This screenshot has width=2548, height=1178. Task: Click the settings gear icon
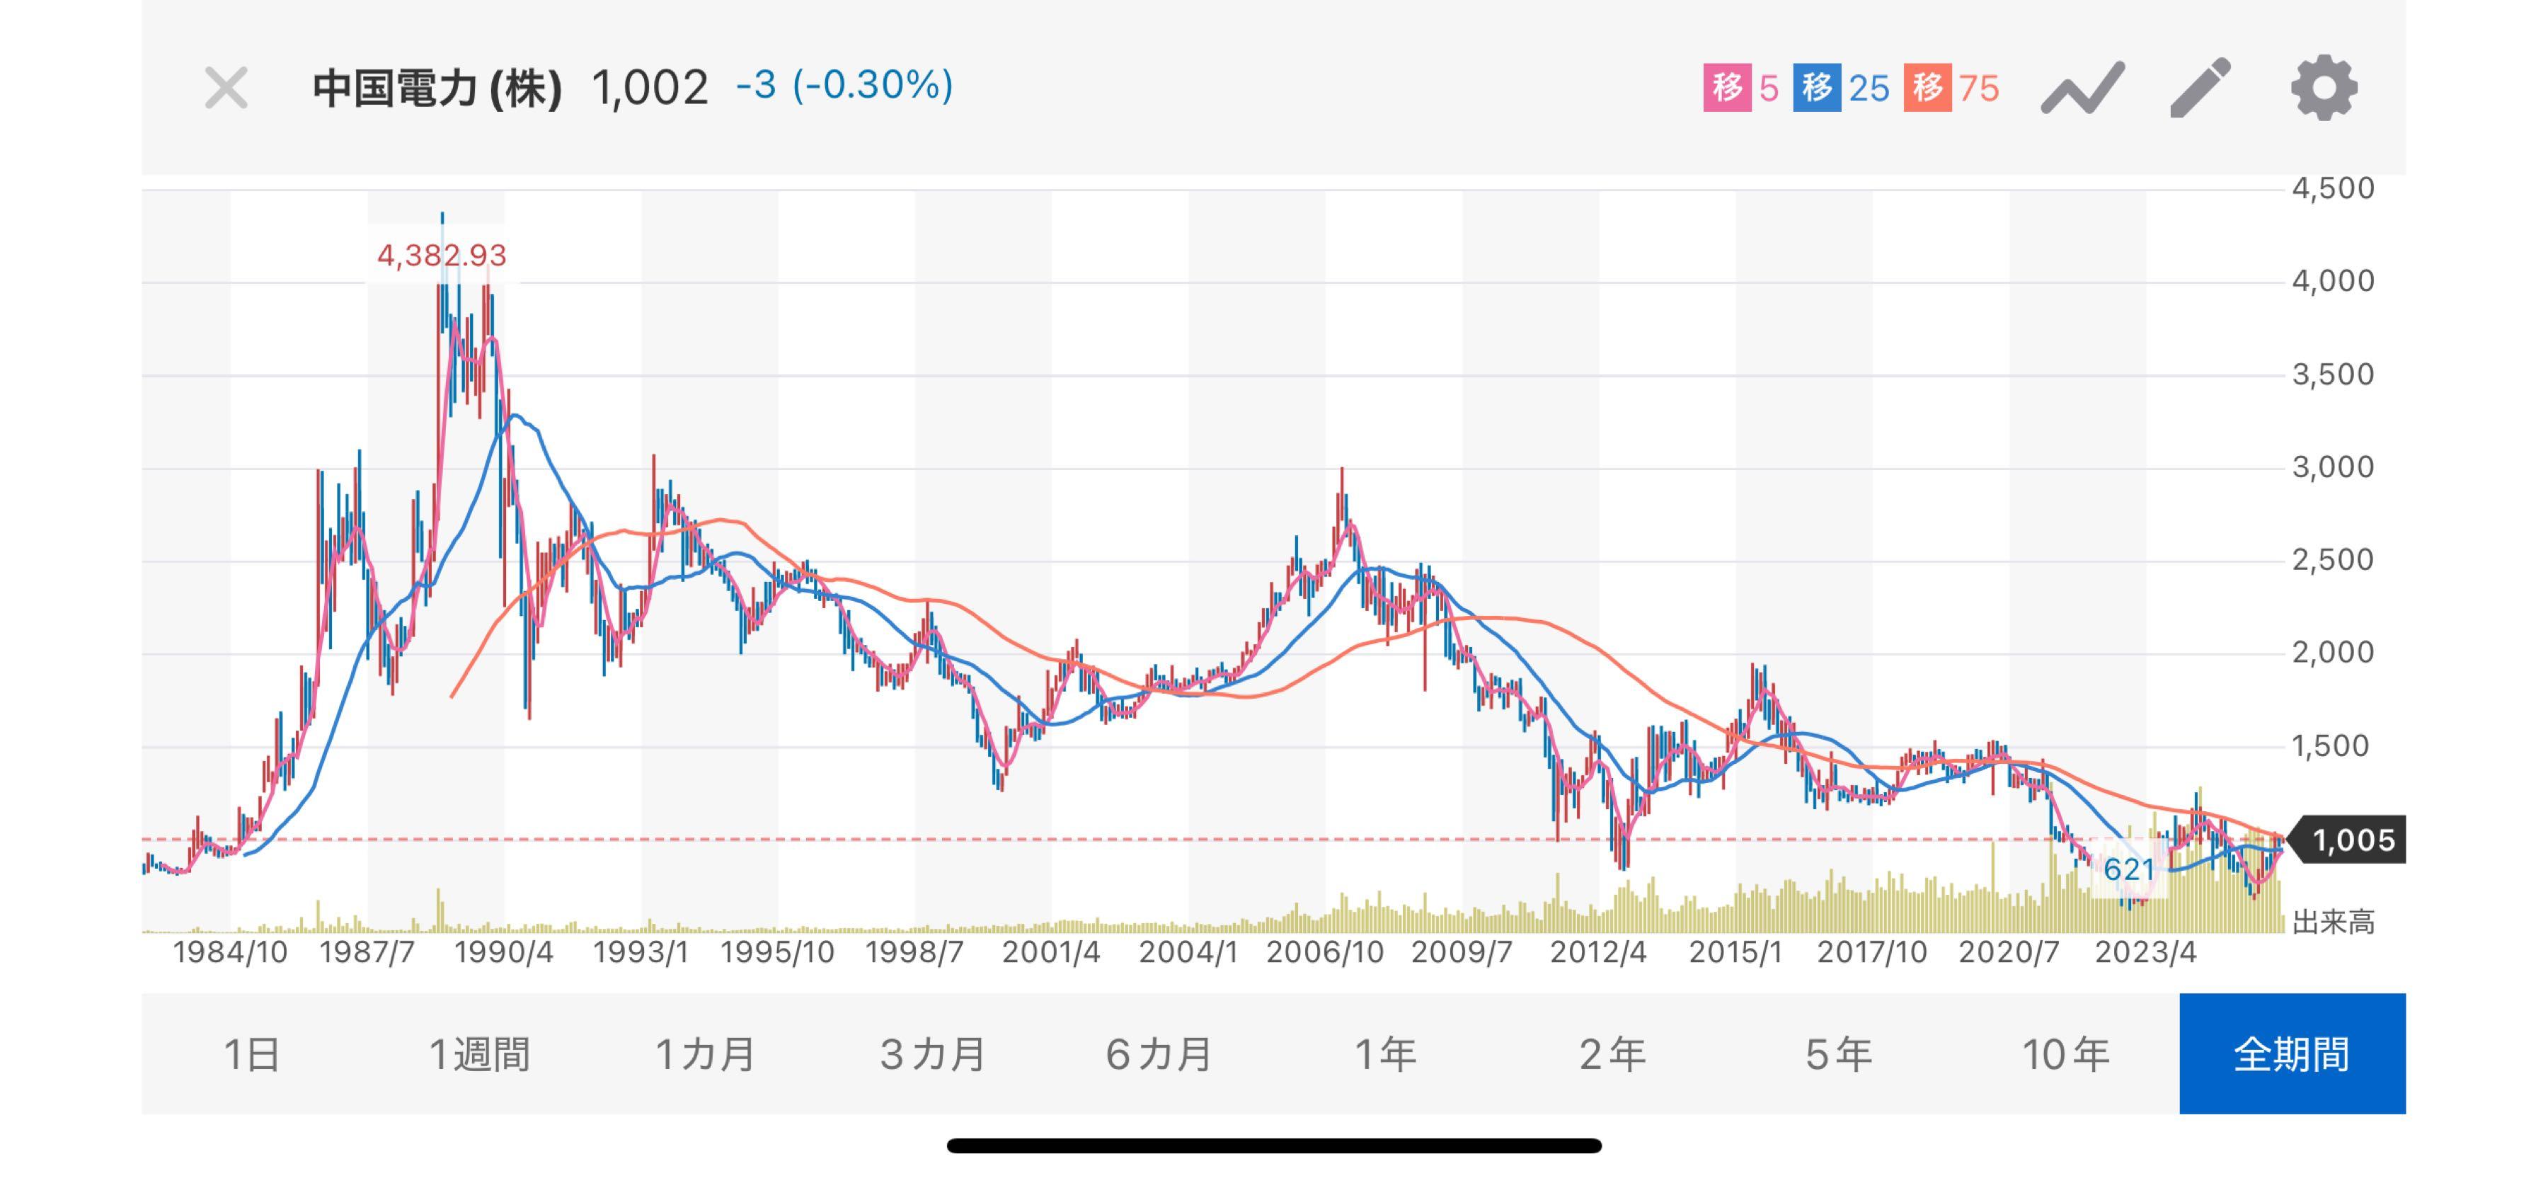coord(2324,88)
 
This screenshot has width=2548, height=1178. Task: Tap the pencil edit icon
coord(2200,88)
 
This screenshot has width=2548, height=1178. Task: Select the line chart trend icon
coord(2082,88)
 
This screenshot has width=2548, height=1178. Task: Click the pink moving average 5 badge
coord(1741,88)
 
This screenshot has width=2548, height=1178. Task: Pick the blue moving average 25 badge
coord(1841,88)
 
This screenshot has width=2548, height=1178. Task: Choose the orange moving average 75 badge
coord(1951,88)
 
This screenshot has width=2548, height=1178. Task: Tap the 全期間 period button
coord(2292,1054)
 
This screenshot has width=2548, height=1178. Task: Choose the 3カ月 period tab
coord(933,1054)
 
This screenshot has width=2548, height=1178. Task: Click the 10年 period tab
coord(2065,1054)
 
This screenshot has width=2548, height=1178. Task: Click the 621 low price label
coord(2128,869)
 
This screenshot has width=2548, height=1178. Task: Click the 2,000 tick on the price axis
coord(2332,653)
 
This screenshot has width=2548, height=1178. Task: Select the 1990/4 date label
coord(503,952)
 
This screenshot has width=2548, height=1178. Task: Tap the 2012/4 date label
coord(1597,952)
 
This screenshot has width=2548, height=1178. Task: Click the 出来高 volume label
coord(2332,923)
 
